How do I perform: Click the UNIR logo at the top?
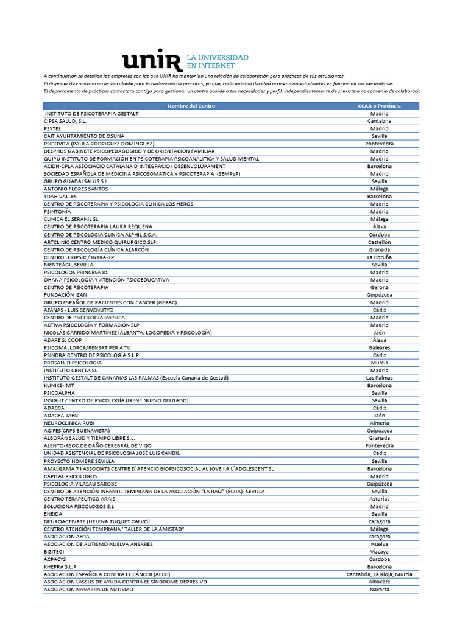coord(185,60)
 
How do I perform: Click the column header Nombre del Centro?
coord(191,106)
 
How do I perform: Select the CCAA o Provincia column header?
coord(379,106)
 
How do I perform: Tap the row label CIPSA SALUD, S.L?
coord(65,121)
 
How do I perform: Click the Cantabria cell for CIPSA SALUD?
coord(379,121)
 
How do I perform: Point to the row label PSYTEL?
coord(53,128)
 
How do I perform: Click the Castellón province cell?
coord(379,242)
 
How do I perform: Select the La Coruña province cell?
coord(379,257)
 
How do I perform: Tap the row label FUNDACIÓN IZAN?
coord(66,295)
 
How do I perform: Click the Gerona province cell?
coord(379,287)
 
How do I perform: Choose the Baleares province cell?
coord(379,348)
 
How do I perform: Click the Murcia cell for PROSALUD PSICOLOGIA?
coord(379,363)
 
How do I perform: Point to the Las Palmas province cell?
coord(379,378)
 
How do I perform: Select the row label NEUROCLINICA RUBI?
coord(69,423)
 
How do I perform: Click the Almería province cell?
coord(379,423)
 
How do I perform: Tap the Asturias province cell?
coord(379,499)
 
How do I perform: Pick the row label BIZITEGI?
coord(54,552)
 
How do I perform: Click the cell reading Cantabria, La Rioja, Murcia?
coord(379,574)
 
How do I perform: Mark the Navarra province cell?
coord(379,590)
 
